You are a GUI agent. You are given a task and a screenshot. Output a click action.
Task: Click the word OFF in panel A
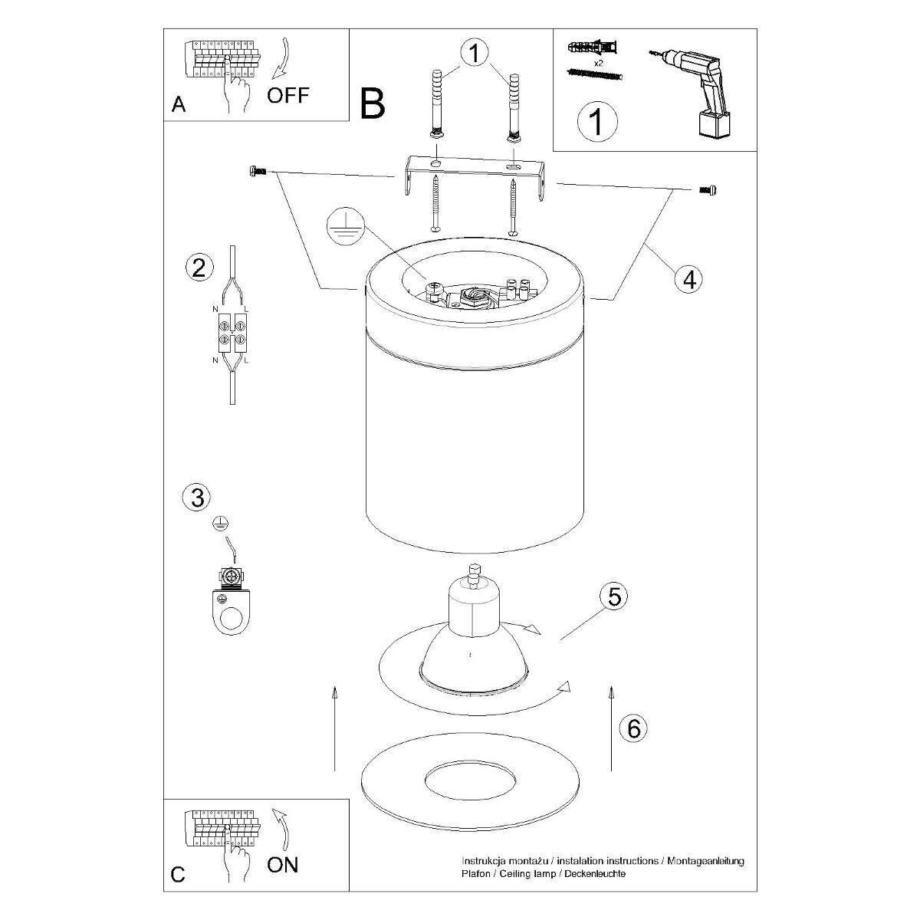(x=288, y=96)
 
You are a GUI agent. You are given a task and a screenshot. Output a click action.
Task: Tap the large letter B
(x=373, y=103)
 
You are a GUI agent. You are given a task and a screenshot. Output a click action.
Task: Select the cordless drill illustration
(x=691, y=94)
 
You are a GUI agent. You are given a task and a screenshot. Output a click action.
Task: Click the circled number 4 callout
(x=689, y=279)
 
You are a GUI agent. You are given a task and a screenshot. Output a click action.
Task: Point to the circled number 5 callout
(x=614, y=596)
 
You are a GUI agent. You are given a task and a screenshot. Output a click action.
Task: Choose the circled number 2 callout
(x=199, y=267)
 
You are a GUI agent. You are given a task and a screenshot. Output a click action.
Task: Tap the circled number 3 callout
(x=197, y=497)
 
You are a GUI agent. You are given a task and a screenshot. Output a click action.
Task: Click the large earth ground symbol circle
(x=346, y=226)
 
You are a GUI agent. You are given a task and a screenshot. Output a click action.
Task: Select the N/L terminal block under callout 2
(x=232, y=333)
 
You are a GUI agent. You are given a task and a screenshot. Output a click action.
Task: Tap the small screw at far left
(x=258, y=170)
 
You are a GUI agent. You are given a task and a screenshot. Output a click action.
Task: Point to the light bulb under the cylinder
(x=474, y=631)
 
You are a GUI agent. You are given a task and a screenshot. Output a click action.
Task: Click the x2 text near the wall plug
(x=598, y=63)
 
